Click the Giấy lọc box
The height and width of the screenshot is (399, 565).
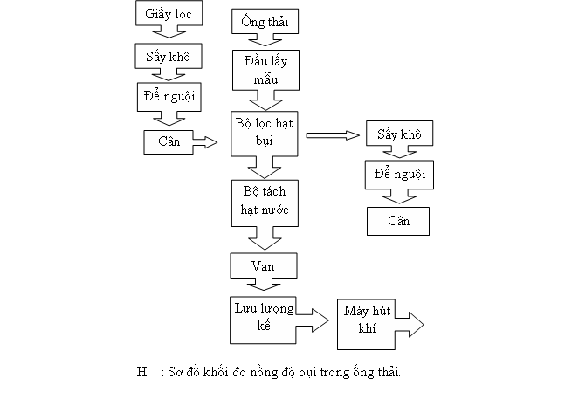tap(169, 13)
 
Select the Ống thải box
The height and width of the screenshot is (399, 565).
tap(265, 22)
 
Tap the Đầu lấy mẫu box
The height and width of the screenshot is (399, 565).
tap(265, 70)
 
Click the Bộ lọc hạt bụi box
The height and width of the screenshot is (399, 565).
tap(264, 134)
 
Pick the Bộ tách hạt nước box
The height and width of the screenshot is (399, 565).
tap(265, 203)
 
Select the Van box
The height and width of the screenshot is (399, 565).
tap(264, 265)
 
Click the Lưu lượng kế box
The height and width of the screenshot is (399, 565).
tap(263, 320)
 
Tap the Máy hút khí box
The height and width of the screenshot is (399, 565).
tap(366, 325)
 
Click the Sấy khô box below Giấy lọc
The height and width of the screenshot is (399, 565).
tap(169, 56)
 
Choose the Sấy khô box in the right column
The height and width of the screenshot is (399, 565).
tap(399, 134)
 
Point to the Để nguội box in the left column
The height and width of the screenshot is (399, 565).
tap(169, 97)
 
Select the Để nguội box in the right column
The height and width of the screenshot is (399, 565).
tap(399, 175)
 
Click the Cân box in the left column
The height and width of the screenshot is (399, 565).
tap(169, 142)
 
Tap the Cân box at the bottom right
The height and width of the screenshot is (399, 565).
tap(398, 221)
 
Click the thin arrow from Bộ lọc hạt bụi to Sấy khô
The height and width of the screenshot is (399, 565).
tap(333, 135)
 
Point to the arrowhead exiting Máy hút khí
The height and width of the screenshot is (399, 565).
tap(417, 325)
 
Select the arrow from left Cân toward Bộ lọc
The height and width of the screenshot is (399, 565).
tap(205, 142)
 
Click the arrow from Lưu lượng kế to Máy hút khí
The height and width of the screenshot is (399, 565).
tap(313, 320)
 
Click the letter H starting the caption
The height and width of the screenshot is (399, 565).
tap(142, 372)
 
